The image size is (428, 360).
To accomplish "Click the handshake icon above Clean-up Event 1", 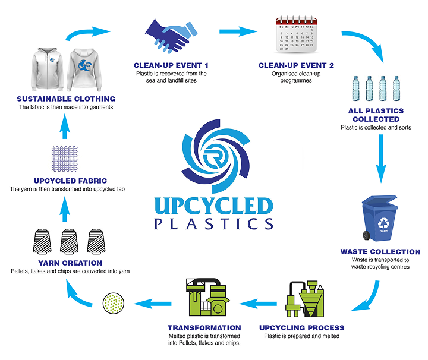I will (170, 36).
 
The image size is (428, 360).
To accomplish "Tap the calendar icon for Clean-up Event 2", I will (295, 34).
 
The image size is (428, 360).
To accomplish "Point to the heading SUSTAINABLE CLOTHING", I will (66, 99).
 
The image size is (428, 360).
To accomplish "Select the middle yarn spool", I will (69, 242).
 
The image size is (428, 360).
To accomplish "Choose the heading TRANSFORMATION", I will (204, 327).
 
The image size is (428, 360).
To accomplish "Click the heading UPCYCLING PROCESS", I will (301, 327).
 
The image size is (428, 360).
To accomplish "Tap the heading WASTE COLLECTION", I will (380, 252).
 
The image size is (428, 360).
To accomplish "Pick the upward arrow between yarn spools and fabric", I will (66, 206).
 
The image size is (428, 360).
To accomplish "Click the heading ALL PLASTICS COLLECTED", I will (376, 115).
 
